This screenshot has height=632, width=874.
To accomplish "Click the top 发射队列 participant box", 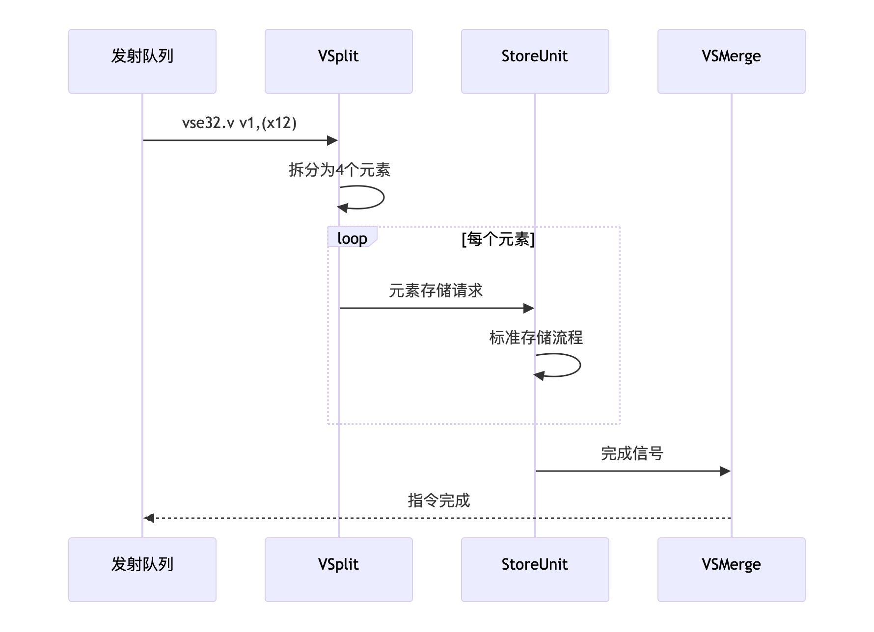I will pos(142,61).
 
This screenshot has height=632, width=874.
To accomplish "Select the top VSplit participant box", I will pos(339,61).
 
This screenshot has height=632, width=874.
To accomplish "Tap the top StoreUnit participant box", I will pos(535,61).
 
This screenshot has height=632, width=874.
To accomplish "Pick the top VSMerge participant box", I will pos(732,61).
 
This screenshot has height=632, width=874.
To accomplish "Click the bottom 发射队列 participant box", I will pos(142,569).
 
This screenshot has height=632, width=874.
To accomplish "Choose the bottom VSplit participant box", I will pos(339,569).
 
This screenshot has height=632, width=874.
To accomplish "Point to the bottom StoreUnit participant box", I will pos(535,569).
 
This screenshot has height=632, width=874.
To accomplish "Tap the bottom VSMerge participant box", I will pos(732,569).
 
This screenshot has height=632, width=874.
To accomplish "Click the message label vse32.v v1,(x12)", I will pos(240,123).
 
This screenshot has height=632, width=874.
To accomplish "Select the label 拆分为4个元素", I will pos(339,170).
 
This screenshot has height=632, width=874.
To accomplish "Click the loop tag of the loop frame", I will pos(352,238).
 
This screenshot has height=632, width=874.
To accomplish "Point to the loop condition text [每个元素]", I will pos(498,239).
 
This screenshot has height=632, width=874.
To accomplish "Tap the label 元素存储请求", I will pos(436,290).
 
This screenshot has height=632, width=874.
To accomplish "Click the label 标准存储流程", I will pos(536,338).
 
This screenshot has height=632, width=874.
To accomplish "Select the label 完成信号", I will pos(632,453).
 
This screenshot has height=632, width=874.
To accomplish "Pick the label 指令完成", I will pos(438,500).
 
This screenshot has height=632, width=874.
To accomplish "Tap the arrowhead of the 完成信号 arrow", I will pos(725,471).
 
